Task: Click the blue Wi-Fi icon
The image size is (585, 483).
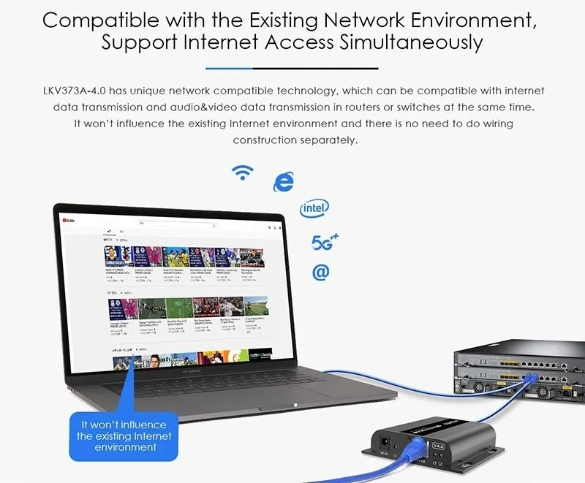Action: point(242,172)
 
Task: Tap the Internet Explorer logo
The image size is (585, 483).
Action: point(282,182)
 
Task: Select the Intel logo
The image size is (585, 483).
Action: point(314,210)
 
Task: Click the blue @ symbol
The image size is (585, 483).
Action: point(320,272)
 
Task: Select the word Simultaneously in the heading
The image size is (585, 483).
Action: point(411,42)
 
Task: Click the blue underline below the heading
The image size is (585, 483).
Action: point(292,68)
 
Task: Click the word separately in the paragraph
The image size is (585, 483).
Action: point(328,140)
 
